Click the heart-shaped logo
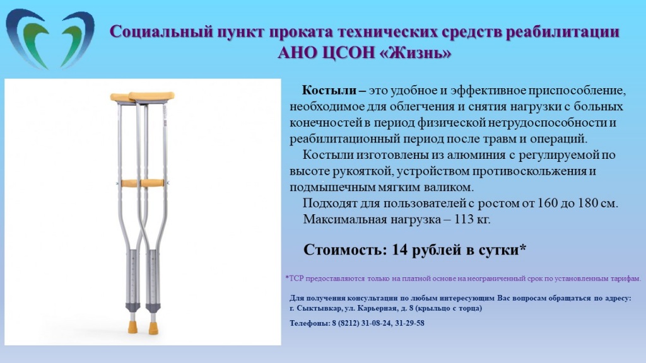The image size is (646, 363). [x=50, y=40]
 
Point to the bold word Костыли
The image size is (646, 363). [x=329, y=91]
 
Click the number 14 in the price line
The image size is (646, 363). [x=399, y=250]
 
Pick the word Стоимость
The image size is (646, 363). [x=345, y=250]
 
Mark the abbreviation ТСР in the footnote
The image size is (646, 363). [x=297, y=279]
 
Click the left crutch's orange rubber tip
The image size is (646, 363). [x=133, y=327]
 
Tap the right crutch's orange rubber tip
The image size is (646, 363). [x=153, y=328]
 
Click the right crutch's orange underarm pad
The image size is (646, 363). [x=151, y=96]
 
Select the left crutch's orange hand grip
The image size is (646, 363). [x=129, y=183]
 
